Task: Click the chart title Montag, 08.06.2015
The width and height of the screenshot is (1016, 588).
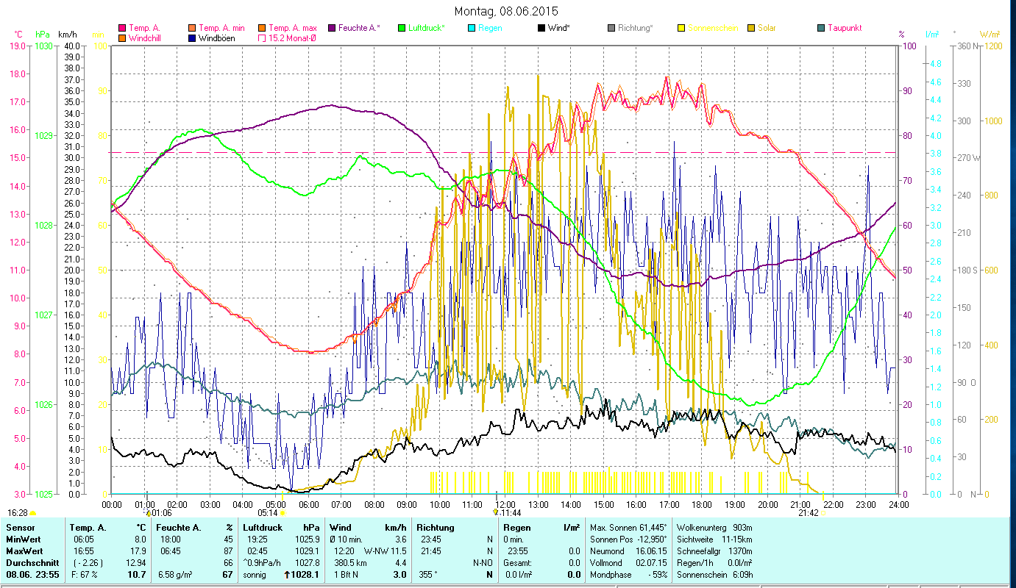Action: tap(506, 11)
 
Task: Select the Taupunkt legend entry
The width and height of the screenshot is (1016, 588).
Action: tap(845, 28)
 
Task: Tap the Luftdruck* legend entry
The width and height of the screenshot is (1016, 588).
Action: tap(426, 28)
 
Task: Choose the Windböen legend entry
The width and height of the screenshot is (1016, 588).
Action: tap(216, 37)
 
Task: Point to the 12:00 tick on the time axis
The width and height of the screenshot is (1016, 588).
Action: tap(505, 504)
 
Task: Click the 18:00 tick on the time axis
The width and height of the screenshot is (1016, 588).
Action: tap(701, 504)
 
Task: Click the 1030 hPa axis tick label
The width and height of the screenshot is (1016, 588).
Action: tap(43, 46)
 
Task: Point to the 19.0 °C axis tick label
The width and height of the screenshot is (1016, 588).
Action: tap(18, 46)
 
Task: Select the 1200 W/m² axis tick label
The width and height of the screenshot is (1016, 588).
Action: tap(995, 46)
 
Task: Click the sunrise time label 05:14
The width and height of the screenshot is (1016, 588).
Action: tap(268, 513)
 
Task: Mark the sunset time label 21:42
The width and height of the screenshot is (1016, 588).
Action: tap(808, 513)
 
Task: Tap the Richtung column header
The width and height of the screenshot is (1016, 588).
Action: tap(436, 528)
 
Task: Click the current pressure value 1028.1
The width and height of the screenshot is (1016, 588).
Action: tap(307, 575)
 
